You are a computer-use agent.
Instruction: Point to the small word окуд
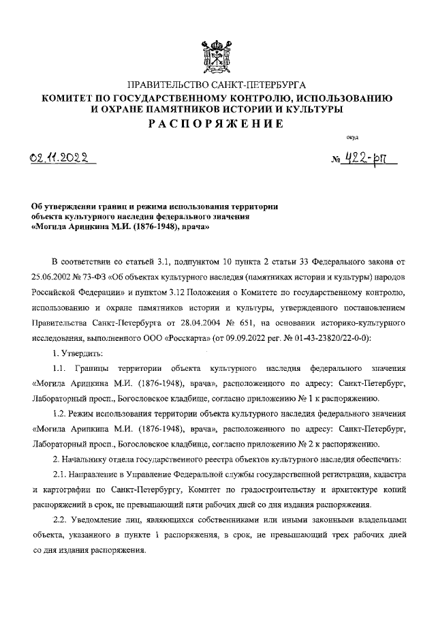point(352,139)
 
